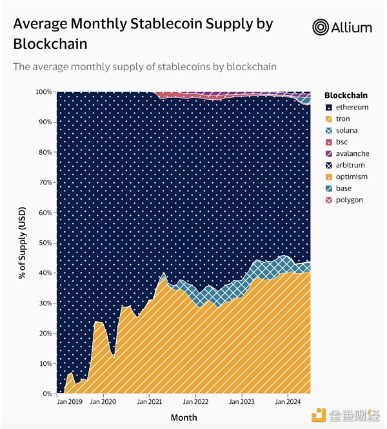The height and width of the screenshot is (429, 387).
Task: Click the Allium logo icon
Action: point(321,27)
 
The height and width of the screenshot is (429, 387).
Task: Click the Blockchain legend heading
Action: point(346,95)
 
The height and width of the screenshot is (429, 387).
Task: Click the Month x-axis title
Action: point(184,417)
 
